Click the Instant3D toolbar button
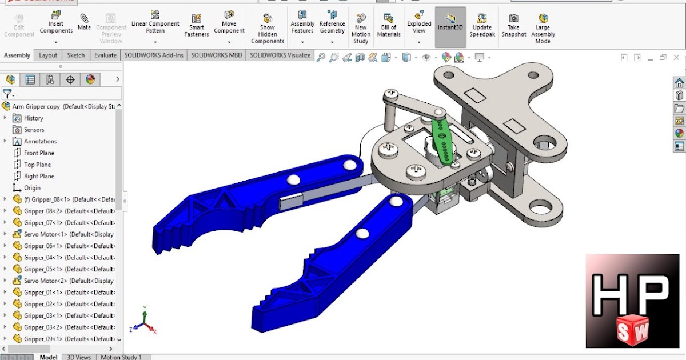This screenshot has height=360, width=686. click(x=450, y=27)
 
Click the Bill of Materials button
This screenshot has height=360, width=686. click(x=389, y=27)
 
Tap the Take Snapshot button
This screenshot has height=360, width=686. click(x=514, y=27)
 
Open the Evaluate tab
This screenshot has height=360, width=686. click(x=105, y=55)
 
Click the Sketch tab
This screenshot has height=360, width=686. click(x=76, y=55)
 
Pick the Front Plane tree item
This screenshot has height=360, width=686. click(x=39, y=153)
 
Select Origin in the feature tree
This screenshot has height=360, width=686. click(x=32, y=188)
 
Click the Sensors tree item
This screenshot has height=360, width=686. click(x=34, y=130)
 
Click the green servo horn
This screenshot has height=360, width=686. click(x=444, y=140)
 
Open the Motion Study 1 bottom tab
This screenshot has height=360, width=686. click(x=121, y=357)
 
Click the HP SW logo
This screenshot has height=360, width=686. click(x=632, y=301)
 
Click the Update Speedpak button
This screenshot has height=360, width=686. click(x=482, y=27)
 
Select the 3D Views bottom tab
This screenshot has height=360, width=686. click(x=79, y=357)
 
